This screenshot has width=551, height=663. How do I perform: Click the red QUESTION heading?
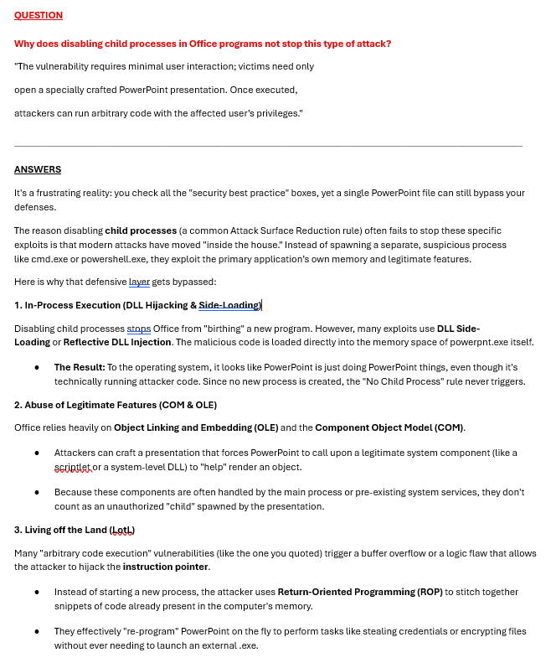pyautogui.click(x=39, y=15)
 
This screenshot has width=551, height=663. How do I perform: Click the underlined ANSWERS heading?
pyautogui.click(x=38, y=169)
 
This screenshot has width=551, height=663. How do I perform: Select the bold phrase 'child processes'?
pyautogui.click(x=141, y=230)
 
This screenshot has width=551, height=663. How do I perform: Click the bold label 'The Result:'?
pyautogui.click(x=80, y=367)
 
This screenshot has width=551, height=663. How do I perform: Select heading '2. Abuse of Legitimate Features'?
pyautogui.click(x=116, y=405)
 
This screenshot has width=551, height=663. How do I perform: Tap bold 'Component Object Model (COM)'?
pyautogui.click(x=389, y=427)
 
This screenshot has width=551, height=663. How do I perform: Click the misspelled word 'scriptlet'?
pyautogui.click(x=73, y=467)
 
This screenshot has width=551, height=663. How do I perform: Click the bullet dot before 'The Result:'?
pyautogui.click(x=37, y=368)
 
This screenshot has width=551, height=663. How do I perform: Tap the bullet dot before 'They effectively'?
pyautogui.click(x=37, y=632)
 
